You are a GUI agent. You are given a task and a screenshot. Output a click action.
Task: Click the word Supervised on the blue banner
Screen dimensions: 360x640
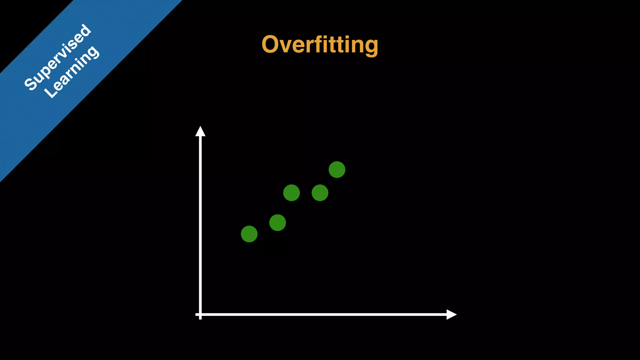(58, 57)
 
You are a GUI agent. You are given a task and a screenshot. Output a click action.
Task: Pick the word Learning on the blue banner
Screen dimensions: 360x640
(72, 72)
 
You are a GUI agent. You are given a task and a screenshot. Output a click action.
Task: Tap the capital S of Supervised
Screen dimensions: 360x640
(31, 84)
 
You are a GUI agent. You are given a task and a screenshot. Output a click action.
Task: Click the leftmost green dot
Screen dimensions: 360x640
(249, 234)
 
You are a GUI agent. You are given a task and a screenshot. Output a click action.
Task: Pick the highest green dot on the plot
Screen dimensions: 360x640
(337, 170)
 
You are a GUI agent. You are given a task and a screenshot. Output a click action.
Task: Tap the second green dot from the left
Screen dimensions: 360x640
(277, 222)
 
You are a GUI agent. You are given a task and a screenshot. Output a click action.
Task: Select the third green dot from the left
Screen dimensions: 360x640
(291, 192)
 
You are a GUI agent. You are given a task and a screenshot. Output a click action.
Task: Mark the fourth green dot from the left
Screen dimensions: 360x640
(320, 192)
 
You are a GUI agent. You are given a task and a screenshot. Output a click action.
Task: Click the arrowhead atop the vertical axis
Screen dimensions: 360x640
(200, 132)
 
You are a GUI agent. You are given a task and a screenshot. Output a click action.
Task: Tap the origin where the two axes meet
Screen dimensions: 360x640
(200, 314)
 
